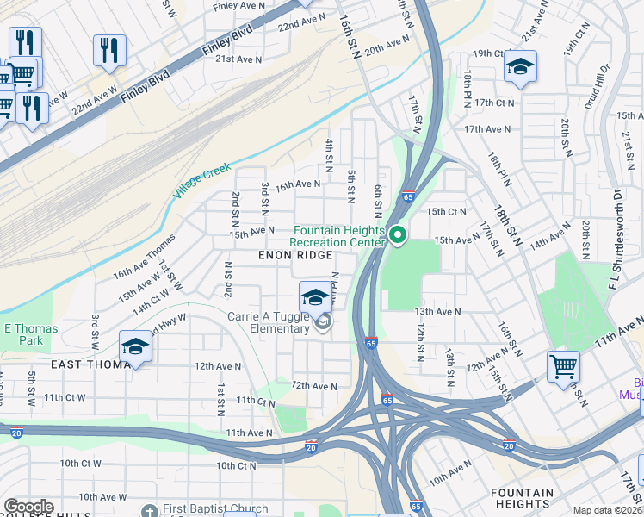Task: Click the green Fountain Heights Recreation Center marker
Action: click(397, 234)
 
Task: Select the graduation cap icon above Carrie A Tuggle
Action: click(315, 298)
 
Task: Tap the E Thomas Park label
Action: click(31, 334)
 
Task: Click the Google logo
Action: click(28, 507)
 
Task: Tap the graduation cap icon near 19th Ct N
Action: click(520, 67)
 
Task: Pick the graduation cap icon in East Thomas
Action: click(135, 347)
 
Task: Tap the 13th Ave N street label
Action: click(437, 311)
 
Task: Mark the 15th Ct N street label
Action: click(447, 211)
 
